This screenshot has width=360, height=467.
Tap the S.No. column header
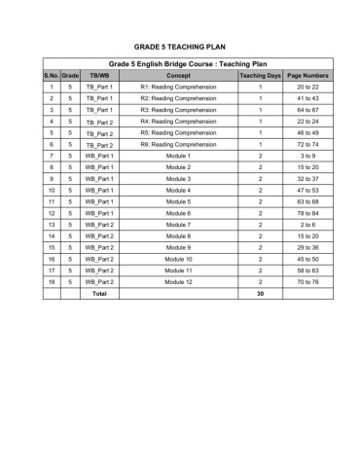click(x=51, y=75)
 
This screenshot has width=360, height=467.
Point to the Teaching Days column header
click(x=260, y=75)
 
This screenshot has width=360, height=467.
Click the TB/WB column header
click(x=99, y=75)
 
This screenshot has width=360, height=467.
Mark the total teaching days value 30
click(x=260, y=294)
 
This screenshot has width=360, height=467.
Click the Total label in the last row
click(x=99, y=294)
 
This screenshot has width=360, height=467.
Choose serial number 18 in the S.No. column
click(x=51, y=282)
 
